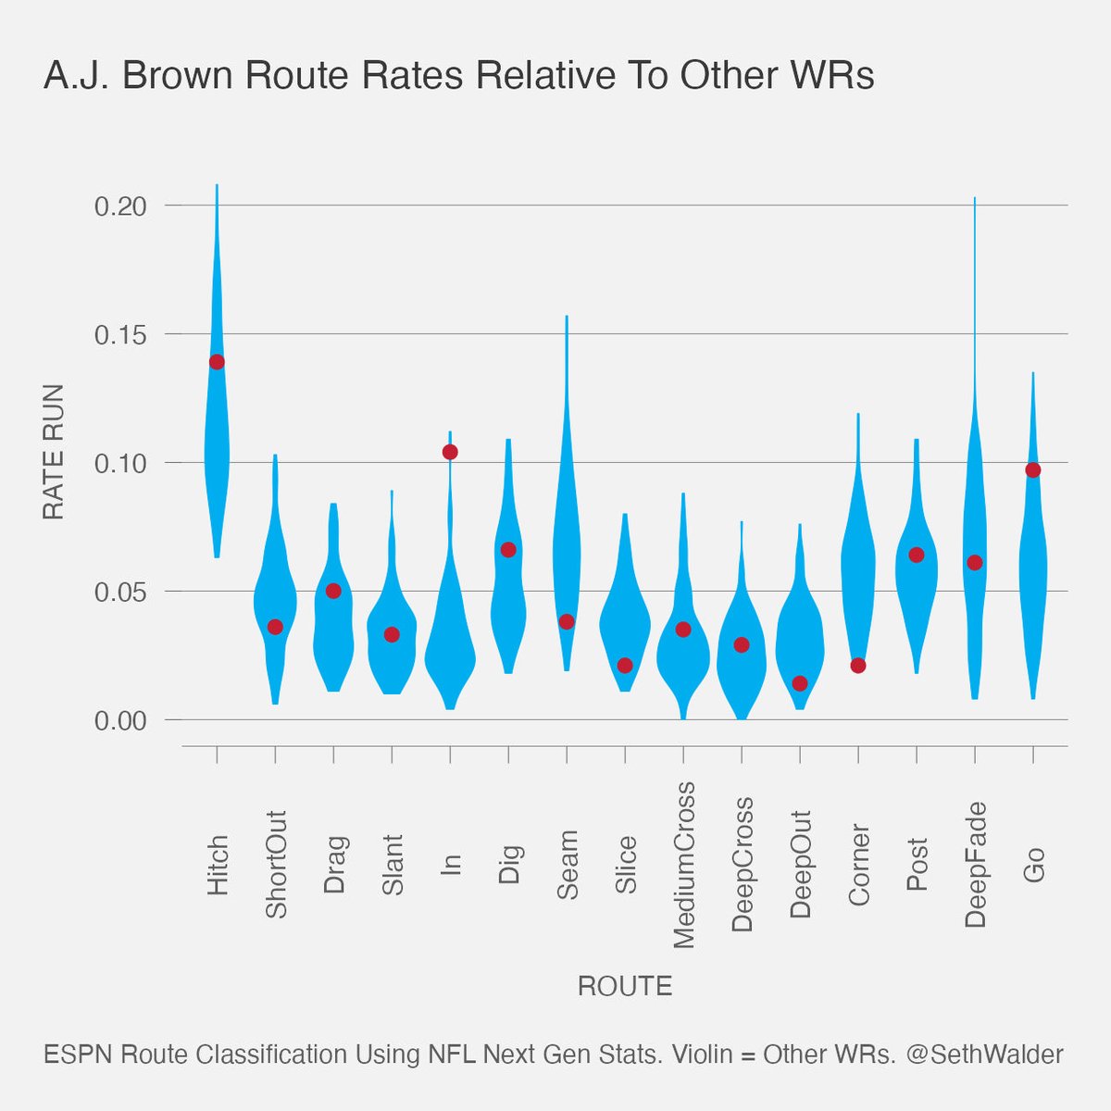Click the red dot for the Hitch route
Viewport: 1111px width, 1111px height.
point(217,362)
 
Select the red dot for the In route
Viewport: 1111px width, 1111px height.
point(450,452)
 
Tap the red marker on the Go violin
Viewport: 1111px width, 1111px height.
point(1033,470)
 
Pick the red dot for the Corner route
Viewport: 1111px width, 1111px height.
point(858,666)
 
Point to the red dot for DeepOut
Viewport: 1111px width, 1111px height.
point(800,683)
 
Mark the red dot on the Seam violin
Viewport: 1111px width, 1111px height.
point(567,621)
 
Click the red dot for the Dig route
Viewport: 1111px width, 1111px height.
point(508,550)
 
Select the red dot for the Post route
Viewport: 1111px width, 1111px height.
point(917,555)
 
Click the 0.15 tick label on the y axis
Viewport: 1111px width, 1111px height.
point(120,334)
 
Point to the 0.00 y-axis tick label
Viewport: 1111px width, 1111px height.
point(120,720)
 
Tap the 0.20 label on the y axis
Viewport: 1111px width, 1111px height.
point(120,206)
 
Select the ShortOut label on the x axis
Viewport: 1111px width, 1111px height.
point(276,865)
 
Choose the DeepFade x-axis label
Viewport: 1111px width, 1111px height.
point(975,865)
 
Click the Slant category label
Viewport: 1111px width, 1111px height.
point(393,865)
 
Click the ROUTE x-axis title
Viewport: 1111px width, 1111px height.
point(625,986)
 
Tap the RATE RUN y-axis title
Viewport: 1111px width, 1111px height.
point(54,452)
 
